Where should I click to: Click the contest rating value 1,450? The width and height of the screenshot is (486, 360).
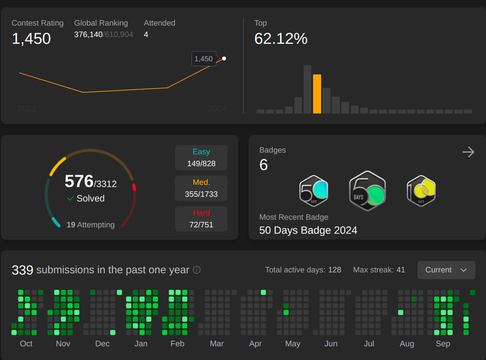[31, 39]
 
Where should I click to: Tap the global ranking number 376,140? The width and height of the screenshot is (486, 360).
[88, 34]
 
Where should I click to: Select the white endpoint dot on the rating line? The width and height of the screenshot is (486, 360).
[224, 58]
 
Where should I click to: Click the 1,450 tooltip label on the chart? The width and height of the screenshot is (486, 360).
[204, 59]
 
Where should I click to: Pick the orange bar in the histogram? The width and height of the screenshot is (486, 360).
[317, 94]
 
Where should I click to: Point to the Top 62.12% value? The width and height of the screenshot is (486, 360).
[281, 39]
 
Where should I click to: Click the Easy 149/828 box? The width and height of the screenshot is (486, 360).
[202, 157]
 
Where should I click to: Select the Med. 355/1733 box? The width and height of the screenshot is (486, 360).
[202, 188]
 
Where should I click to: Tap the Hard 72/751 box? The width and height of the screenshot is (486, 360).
[202, 219]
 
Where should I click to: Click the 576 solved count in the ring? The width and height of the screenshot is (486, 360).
[79, 181]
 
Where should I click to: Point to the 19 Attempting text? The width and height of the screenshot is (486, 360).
[90, 225]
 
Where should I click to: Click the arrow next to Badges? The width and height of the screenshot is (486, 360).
[468, 152]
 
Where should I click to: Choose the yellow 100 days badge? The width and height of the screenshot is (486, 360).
[421, 191]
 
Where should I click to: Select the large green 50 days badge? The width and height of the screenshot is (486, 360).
[367, 191]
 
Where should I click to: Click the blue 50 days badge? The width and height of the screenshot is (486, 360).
[314, 191]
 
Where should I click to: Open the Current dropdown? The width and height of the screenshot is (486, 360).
[446, 270]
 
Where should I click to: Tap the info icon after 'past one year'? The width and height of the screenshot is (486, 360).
[197, 270]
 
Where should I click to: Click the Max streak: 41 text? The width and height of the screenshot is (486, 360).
[379, 270]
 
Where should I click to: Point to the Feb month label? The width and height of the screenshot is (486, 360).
[177, 343]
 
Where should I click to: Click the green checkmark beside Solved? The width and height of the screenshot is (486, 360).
[70, 198]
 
